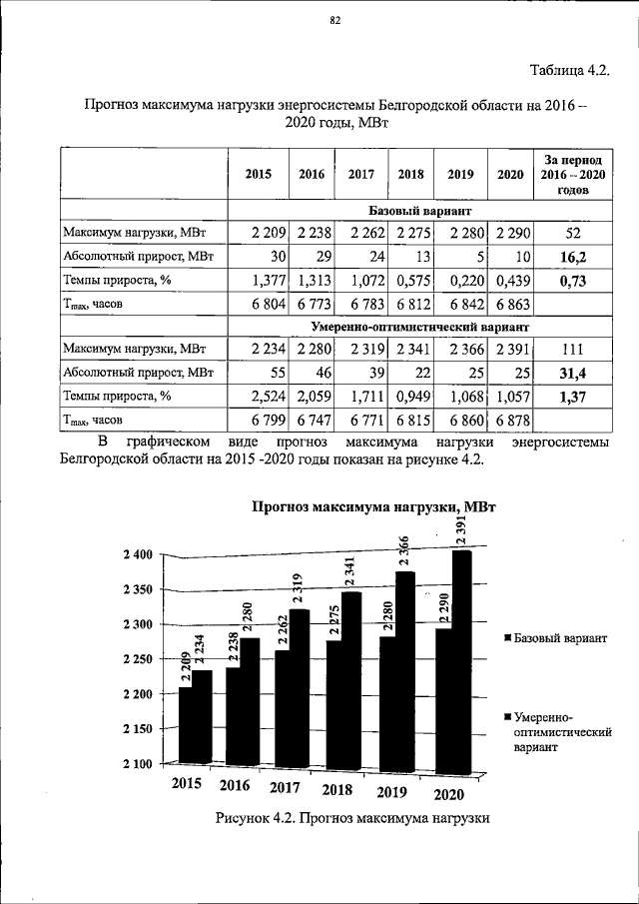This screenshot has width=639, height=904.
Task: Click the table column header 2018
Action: coord(410,174)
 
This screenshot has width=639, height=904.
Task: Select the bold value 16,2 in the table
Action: coord(573,257)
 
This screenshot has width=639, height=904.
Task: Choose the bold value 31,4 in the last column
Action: coord(573,374)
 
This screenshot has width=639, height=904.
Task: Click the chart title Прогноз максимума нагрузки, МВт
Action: coord(373,507)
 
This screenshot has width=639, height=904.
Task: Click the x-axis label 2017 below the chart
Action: coord(287,788)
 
